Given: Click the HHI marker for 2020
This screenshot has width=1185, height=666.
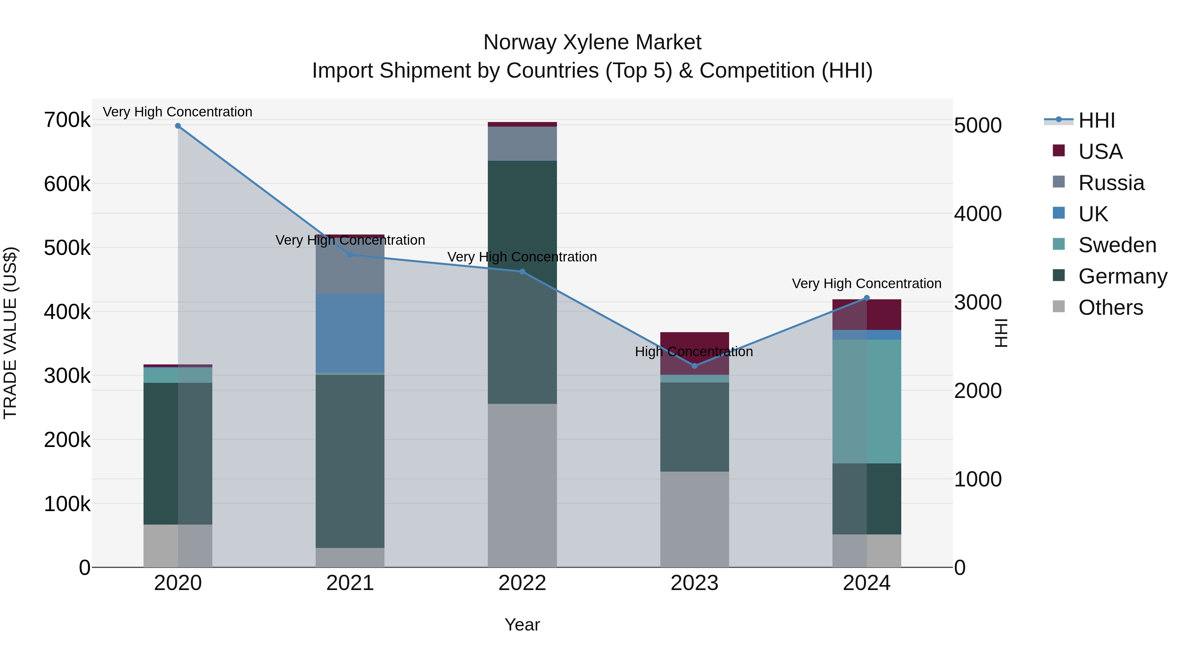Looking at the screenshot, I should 178,126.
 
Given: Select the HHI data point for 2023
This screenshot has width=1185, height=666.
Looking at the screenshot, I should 695,366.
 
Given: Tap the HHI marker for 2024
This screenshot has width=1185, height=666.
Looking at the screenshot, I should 867,298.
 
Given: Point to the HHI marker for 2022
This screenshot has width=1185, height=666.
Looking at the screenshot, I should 522,272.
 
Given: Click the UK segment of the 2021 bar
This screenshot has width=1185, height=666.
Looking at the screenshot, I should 350,333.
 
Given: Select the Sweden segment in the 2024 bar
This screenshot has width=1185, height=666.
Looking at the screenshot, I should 867,401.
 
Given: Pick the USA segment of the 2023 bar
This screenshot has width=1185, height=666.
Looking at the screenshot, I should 695,353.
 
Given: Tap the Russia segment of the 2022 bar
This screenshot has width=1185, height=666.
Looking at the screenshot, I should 522,143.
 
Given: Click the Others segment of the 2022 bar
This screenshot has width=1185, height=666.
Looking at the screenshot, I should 522,485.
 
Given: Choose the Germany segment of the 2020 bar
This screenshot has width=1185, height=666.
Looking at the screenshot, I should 178,453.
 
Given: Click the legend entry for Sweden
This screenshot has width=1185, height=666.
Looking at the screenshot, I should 1117,245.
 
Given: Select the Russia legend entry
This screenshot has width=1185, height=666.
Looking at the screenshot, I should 1111,183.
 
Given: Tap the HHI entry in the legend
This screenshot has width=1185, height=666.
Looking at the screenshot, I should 1096,120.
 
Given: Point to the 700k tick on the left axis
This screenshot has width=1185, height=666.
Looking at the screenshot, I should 67,120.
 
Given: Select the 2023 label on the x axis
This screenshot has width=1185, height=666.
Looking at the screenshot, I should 695,583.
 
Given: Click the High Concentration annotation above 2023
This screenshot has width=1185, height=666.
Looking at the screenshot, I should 694,352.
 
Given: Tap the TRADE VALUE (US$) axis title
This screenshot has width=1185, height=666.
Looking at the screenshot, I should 10,333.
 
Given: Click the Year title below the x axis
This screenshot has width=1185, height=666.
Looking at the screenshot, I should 522,625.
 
